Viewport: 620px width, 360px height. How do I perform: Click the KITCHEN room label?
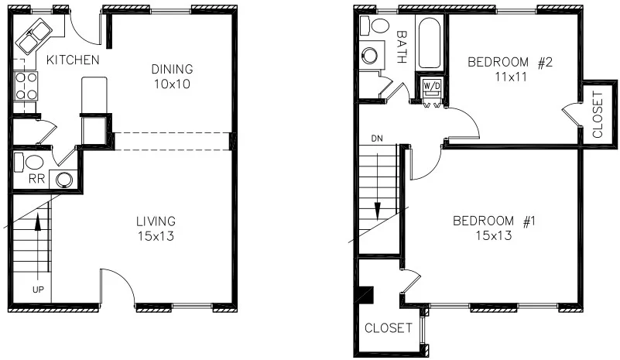point(72,60)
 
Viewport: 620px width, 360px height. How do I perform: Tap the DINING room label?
point(171,69)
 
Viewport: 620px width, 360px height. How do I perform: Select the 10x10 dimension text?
point(171,83)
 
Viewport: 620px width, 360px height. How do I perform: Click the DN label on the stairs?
point(377,139)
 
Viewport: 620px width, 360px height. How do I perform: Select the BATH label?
point(401,46)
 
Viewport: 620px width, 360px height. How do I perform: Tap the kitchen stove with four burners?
point(26,86)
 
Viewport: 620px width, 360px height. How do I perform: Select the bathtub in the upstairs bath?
point(429,43)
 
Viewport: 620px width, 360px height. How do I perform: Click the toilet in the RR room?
point(33,163)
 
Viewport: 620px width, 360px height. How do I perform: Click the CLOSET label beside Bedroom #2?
point(597,114)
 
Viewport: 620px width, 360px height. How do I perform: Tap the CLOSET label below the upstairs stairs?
point(388,327)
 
